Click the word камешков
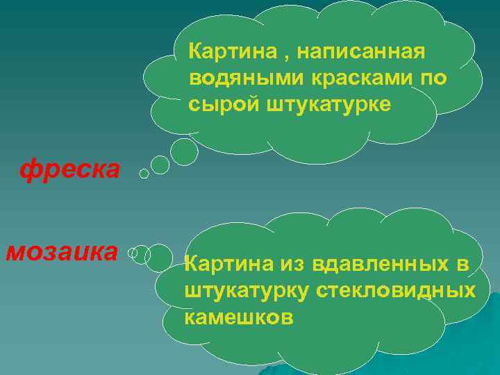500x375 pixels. (x=239, y=318)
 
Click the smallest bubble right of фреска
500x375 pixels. (x=144, y=174)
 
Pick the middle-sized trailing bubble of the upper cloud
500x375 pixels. (x=160, y=165)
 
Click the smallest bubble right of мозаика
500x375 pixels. (x=132, y=253)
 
